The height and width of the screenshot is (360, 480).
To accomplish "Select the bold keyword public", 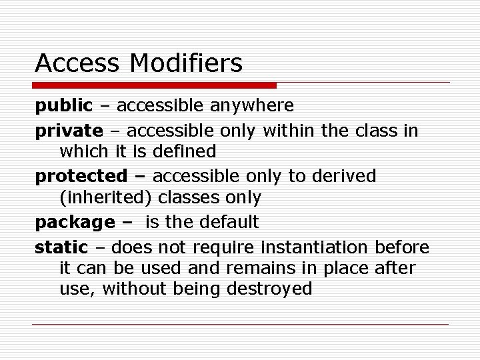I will pos(64,105).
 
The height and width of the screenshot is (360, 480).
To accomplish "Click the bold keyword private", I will pos(69,130).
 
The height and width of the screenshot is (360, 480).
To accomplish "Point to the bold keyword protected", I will pos(81,176).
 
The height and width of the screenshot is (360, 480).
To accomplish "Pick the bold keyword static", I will pos(61,247).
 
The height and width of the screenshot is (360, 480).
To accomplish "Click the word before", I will pos(402,247).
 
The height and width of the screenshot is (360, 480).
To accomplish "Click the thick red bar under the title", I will pos(155,85).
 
